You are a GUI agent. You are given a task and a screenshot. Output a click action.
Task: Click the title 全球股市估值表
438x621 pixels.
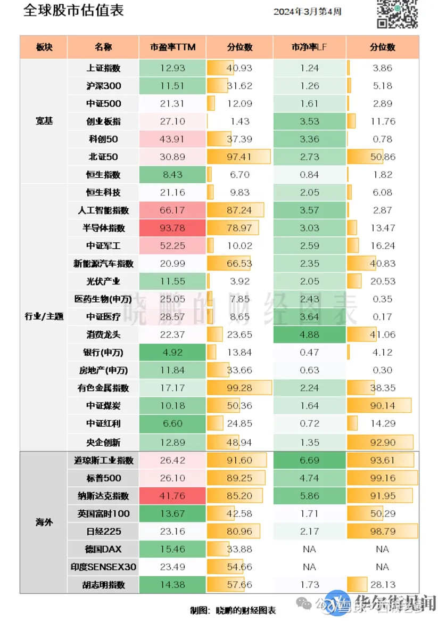tap(73, 11)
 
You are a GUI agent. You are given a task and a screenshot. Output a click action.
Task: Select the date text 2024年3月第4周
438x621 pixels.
tap(307, 12)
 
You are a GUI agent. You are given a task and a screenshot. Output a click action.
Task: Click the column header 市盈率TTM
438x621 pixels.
tap(172, 47)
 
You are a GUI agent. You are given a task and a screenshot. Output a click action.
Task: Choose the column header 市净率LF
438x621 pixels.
tap(309, 47)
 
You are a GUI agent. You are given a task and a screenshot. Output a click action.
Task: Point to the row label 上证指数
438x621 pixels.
tap(103, 68)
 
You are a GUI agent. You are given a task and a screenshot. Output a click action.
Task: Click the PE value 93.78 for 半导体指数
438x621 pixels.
tap(172, 228)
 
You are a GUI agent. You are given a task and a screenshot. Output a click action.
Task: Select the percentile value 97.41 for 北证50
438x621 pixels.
tap(239, 157)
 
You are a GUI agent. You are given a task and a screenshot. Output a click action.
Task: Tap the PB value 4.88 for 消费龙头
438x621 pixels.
tap(309, 334)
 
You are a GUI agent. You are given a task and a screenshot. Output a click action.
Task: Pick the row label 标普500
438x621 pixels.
tap(103, 478)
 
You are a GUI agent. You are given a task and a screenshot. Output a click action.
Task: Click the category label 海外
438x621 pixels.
tap(44, 522)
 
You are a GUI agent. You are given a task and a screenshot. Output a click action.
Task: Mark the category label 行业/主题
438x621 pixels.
tap(44, 316)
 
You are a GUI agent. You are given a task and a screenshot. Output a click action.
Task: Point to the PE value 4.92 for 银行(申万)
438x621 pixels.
tap(172, 352)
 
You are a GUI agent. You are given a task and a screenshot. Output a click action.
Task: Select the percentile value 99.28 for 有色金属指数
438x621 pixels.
tap(239, 388)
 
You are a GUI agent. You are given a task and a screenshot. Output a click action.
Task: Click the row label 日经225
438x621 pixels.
tap(103, 531)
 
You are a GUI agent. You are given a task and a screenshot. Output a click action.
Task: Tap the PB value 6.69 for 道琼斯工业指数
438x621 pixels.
tap(309, 460)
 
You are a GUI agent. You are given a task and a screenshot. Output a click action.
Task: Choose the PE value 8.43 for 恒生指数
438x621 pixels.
tap(172, 174)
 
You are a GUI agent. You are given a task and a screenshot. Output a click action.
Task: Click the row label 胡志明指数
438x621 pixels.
tap(103, 584)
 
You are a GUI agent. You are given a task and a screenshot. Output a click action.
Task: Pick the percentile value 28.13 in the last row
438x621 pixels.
tap(383, 584)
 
